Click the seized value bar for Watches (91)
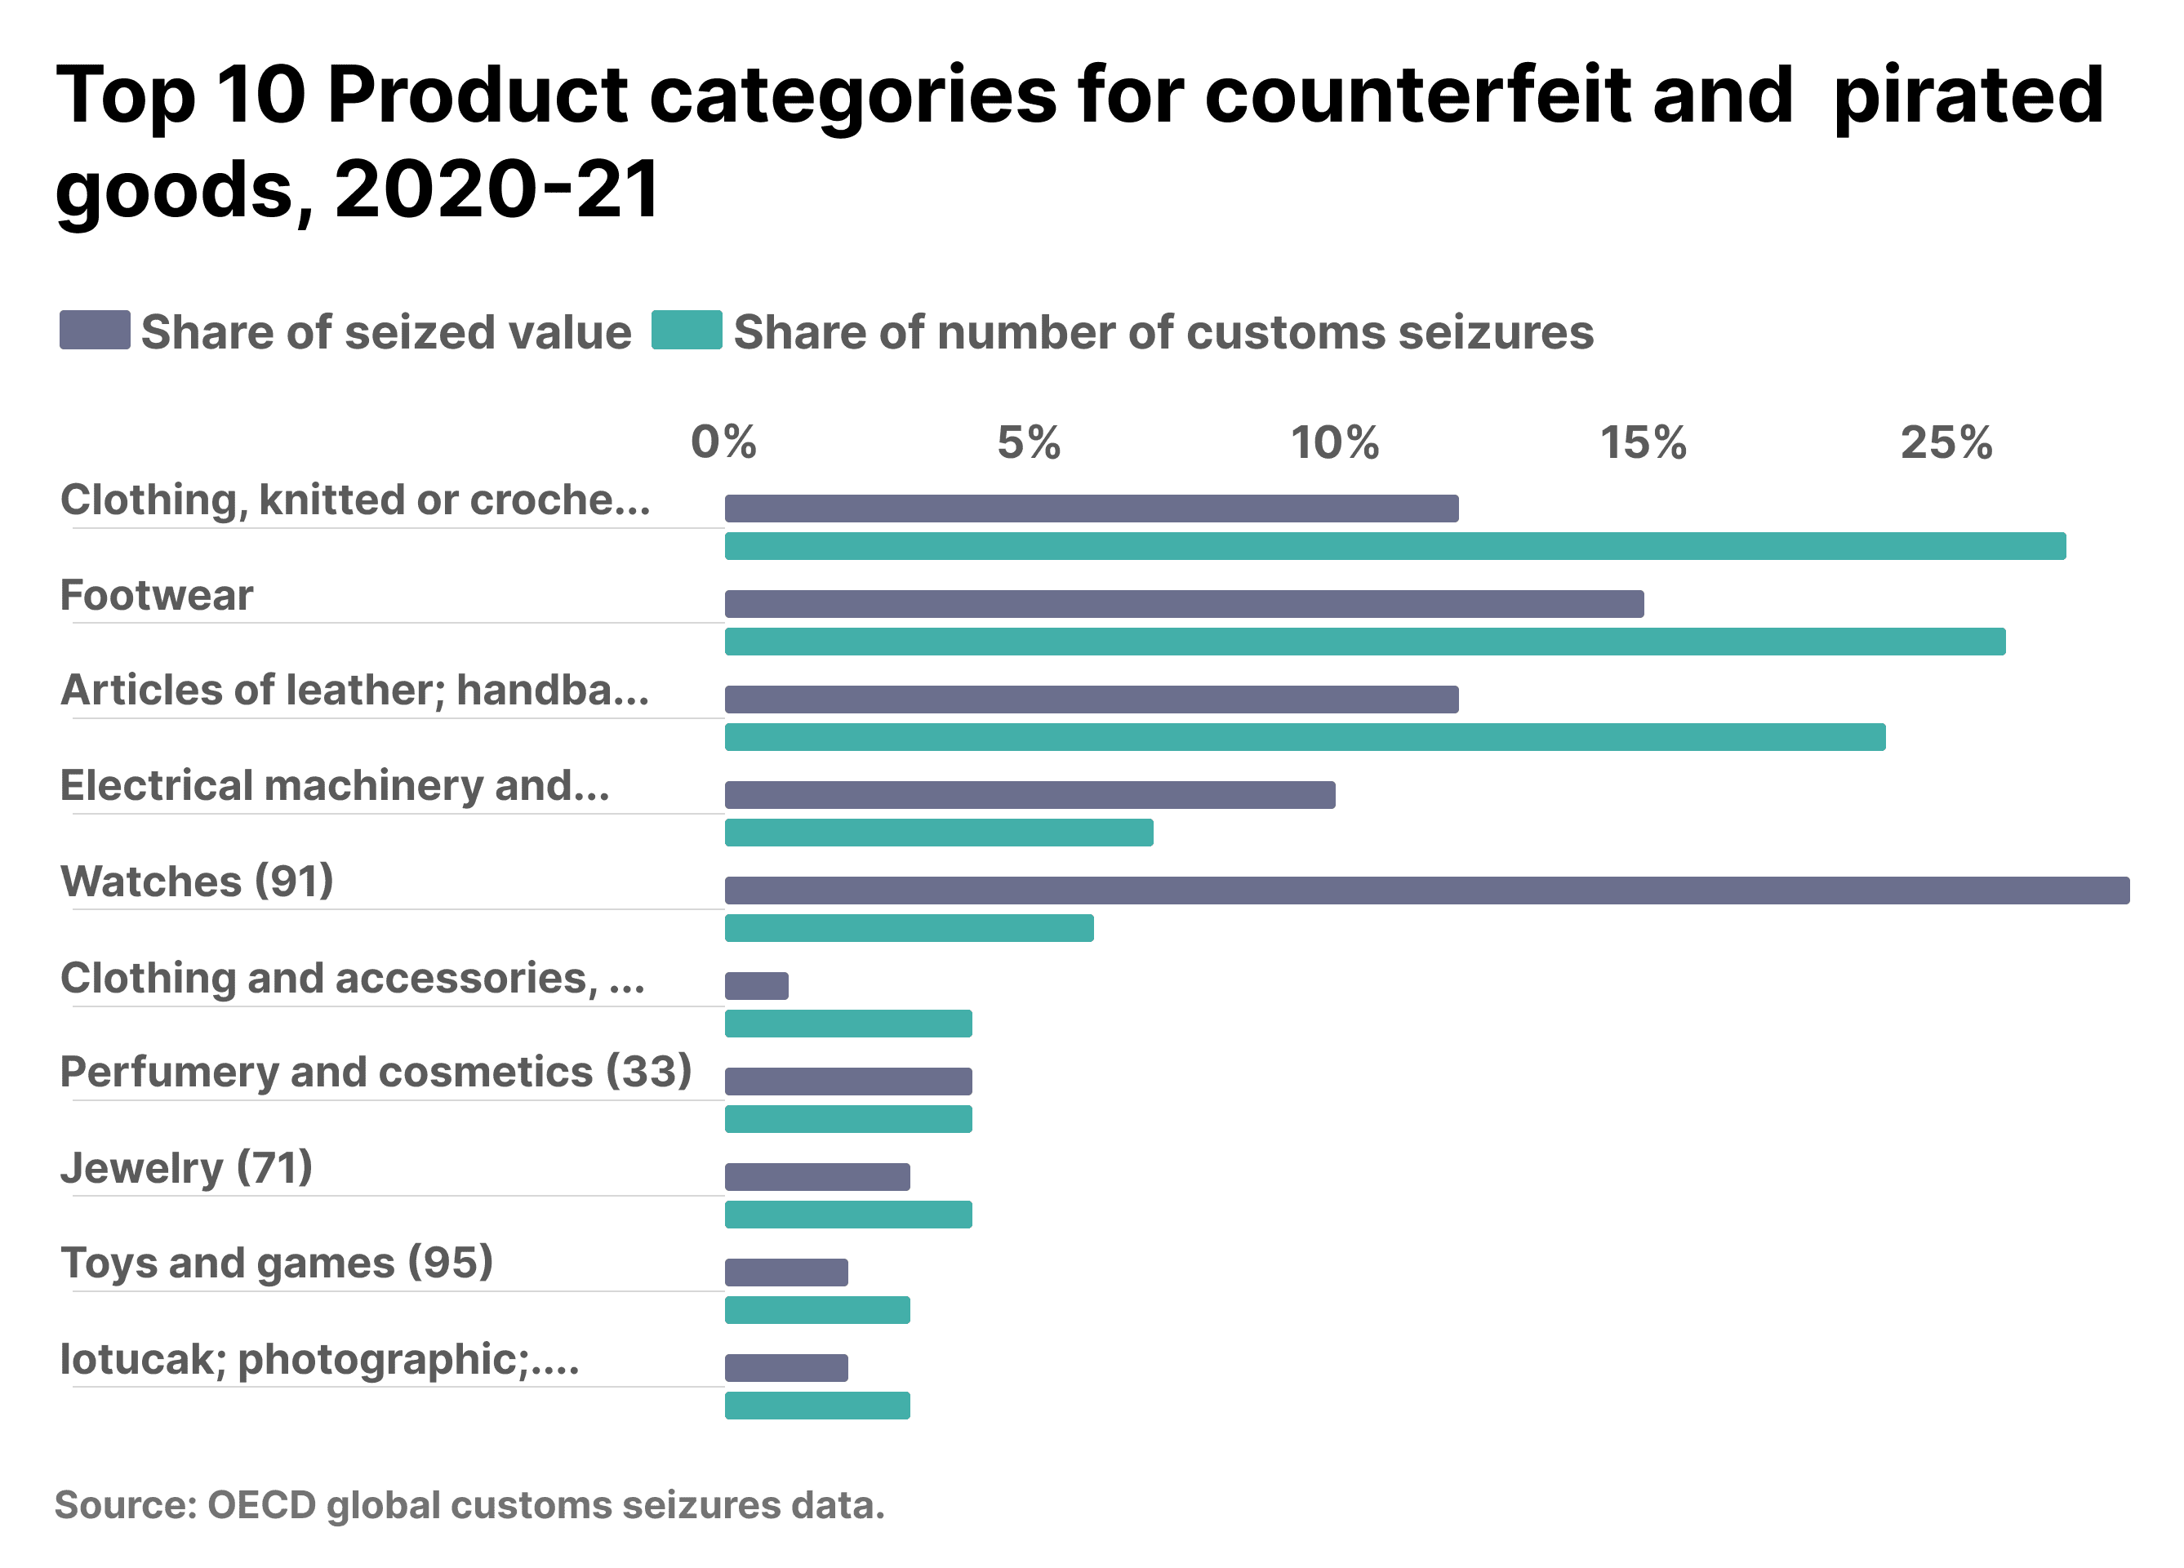click(1426, 891)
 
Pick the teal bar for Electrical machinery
click(939, 833)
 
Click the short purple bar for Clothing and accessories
click(756, 986)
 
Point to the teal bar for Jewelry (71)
click(848, 1215)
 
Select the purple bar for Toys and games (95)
click(785, 1273)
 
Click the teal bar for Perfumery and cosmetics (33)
click(848, 1119)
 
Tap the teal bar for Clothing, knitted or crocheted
click(1394, 547)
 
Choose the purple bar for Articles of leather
click(1091, 700)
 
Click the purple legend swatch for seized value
click(95, 330)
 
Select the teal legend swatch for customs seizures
click(687, 330)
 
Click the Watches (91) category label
click(198, 882)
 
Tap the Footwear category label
click(157, 596)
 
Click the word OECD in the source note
click(261, 1505)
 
